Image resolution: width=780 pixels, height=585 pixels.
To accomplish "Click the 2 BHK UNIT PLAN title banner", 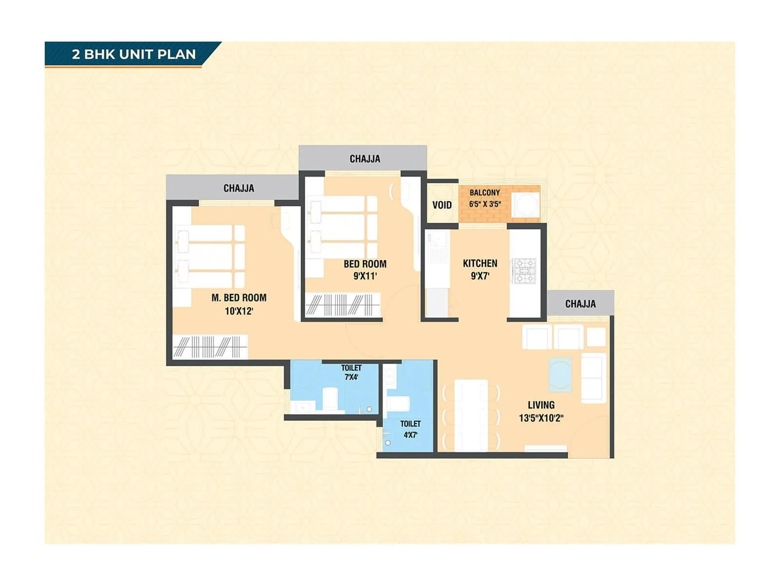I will click(x=133, y=54).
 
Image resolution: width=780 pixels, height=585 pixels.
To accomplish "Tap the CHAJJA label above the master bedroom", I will click(x=238, y=188).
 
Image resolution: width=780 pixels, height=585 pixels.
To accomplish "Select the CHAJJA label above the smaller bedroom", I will click(x=365, y=158).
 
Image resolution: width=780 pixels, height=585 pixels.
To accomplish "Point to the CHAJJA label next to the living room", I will click(x=580, y=304).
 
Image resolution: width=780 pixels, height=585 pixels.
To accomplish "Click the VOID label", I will click(x=442, y=205).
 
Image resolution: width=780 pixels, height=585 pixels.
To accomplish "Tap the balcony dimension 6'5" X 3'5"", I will click(x=485, y=204).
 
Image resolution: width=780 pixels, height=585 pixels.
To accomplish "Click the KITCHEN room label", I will click(x=480, y=263).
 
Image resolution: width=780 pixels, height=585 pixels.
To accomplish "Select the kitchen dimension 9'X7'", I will click(x=480, y=276).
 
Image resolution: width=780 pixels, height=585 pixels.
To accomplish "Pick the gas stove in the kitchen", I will click(x=524, y=271).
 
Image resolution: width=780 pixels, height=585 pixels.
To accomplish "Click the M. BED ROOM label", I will click(x=239, y=297).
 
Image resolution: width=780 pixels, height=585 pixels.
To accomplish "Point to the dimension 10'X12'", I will click(x=239, y=311).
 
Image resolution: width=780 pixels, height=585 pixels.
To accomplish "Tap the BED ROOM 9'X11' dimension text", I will click(x=365, y=276).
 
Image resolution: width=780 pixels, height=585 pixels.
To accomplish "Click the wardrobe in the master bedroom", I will click(x=210, y=347).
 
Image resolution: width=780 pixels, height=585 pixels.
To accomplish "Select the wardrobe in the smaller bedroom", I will click(x=342, y=305).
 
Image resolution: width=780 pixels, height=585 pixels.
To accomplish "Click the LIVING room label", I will click(x=541, y=405).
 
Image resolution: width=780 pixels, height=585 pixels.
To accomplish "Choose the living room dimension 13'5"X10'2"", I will click(x=541, y=418).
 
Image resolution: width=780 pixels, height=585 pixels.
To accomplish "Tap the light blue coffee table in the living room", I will click(x=560, y=374).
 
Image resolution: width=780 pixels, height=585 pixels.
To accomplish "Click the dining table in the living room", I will click(x=471, y=415).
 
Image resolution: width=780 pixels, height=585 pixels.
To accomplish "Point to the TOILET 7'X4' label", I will click(x=351, y=372).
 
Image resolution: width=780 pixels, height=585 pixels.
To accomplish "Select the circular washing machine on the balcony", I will click(x=525, y=205).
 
